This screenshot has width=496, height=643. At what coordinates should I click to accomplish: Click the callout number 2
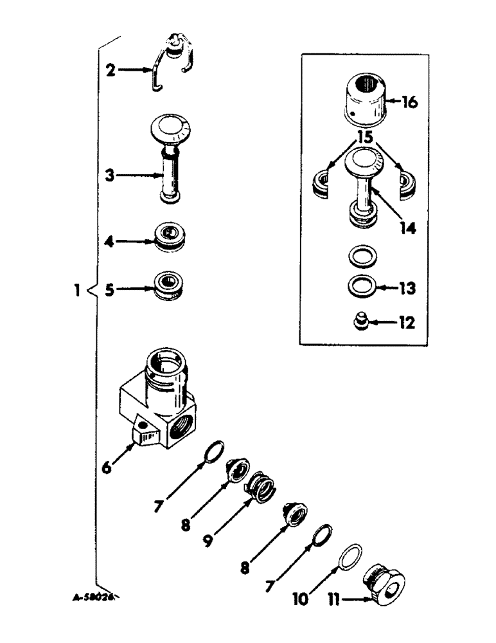click(x=111, y=70)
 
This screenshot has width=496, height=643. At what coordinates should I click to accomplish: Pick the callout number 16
click(x=409, y=101)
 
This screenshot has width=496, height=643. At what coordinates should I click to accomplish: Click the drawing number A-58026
click(x=93, y=597)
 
